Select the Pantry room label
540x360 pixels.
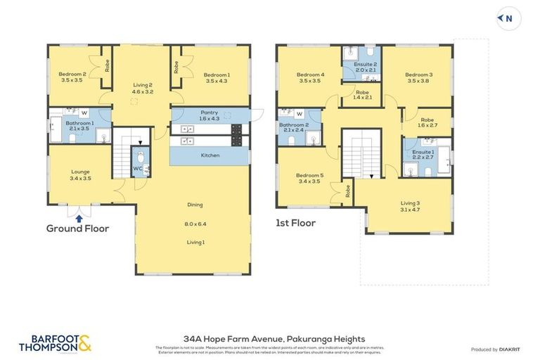tap(209, 112)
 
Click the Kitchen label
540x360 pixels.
tap(210, 155)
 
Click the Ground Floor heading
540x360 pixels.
tap(77, 229)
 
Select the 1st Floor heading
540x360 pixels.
tap(295, 223)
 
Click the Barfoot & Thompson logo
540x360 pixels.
tap(56, 342)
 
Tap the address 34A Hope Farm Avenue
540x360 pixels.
tap(269, 338)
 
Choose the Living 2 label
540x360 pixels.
tap(143, 86)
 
